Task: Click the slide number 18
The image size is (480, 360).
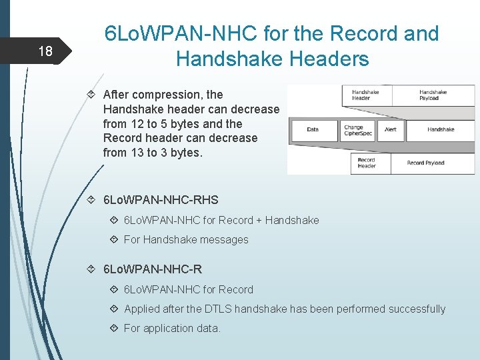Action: tap(45, 51)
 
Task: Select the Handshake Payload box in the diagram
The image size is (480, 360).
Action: tap(433, 95)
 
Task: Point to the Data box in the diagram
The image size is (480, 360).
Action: tap(313, 129)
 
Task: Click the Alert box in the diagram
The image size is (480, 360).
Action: tap(391, 129)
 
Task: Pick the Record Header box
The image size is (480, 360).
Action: tap(367, 163)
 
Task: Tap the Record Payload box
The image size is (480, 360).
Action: tap(425, 163)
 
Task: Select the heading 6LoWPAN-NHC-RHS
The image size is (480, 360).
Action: tap(161, 200)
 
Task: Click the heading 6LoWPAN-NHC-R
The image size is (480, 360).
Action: tap(153, 269)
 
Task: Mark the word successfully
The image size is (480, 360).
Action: tap(413, 309)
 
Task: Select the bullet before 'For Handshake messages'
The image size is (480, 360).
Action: tap(113, 239)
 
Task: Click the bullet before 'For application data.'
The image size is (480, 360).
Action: tap(113, 328)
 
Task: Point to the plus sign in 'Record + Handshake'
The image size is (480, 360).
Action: tap(259, 220)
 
